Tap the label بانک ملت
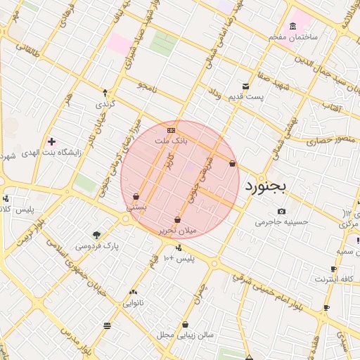click(172, 141)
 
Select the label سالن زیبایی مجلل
click(186, 335)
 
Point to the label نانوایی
click(134, 303)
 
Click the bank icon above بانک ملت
click(171, 131)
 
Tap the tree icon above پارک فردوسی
click(96, 235)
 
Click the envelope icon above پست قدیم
click(245, 86)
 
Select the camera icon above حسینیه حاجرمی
click(281, 211)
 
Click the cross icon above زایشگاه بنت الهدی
click(51, 141)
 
